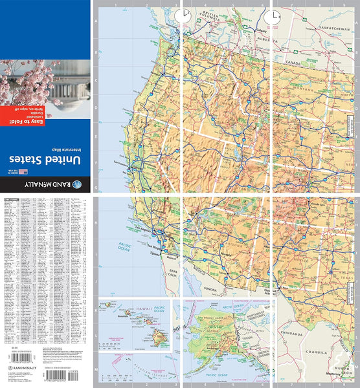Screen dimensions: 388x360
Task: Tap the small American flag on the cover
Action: (x=24, y=171)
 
